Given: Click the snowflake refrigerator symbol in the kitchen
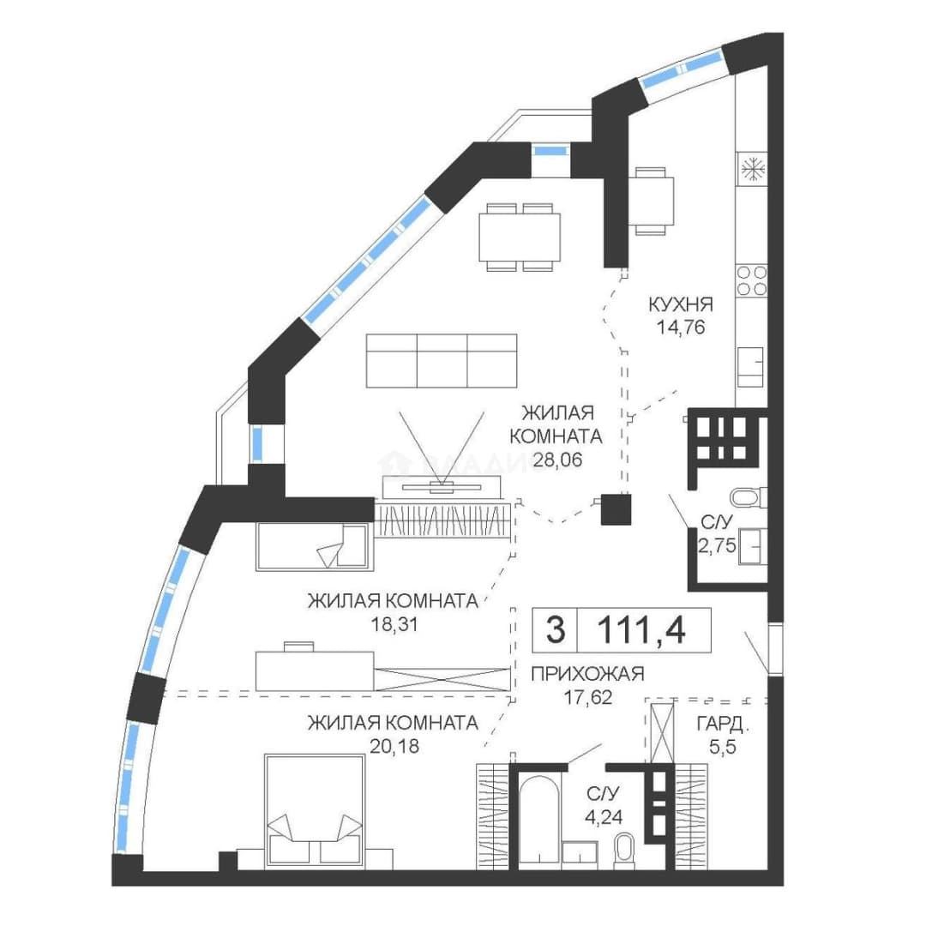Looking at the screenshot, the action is (x=753, y=170).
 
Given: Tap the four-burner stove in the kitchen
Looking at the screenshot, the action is (x=752, y=280).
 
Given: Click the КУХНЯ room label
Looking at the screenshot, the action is (x=681, y=304).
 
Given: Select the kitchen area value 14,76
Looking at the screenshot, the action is (x=682, y=327).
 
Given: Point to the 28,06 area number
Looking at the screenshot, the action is (x=557, y=459).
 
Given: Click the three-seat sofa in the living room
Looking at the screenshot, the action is (x=442, y=361).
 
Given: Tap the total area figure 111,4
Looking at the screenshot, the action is (x=641, y=629).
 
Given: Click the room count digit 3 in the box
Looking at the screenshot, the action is (x=555, y=629).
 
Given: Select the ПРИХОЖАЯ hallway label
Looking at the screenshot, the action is (x=587, y=674).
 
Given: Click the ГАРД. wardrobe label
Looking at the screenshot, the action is (x=723, y=724).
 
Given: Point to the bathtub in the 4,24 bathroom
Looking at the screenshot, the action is (x=538, y=822).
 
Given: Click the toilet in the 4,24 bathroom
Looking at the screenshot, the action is (x=623, y=851).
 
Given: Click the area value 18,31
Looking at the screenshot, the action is (x=394, y=624).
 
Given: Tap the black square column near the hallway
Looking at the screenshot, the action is (x=616, y=509).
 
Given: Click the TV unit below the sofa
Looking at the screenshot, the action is (x=442, y=487).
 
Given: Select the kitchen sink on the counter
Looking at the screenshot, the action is (x=750, y=367).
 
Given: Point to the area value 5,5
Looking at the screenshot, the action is (x=723, y=748).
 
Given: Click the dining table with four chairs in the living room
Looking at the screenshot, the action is (x=520, y=237).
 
